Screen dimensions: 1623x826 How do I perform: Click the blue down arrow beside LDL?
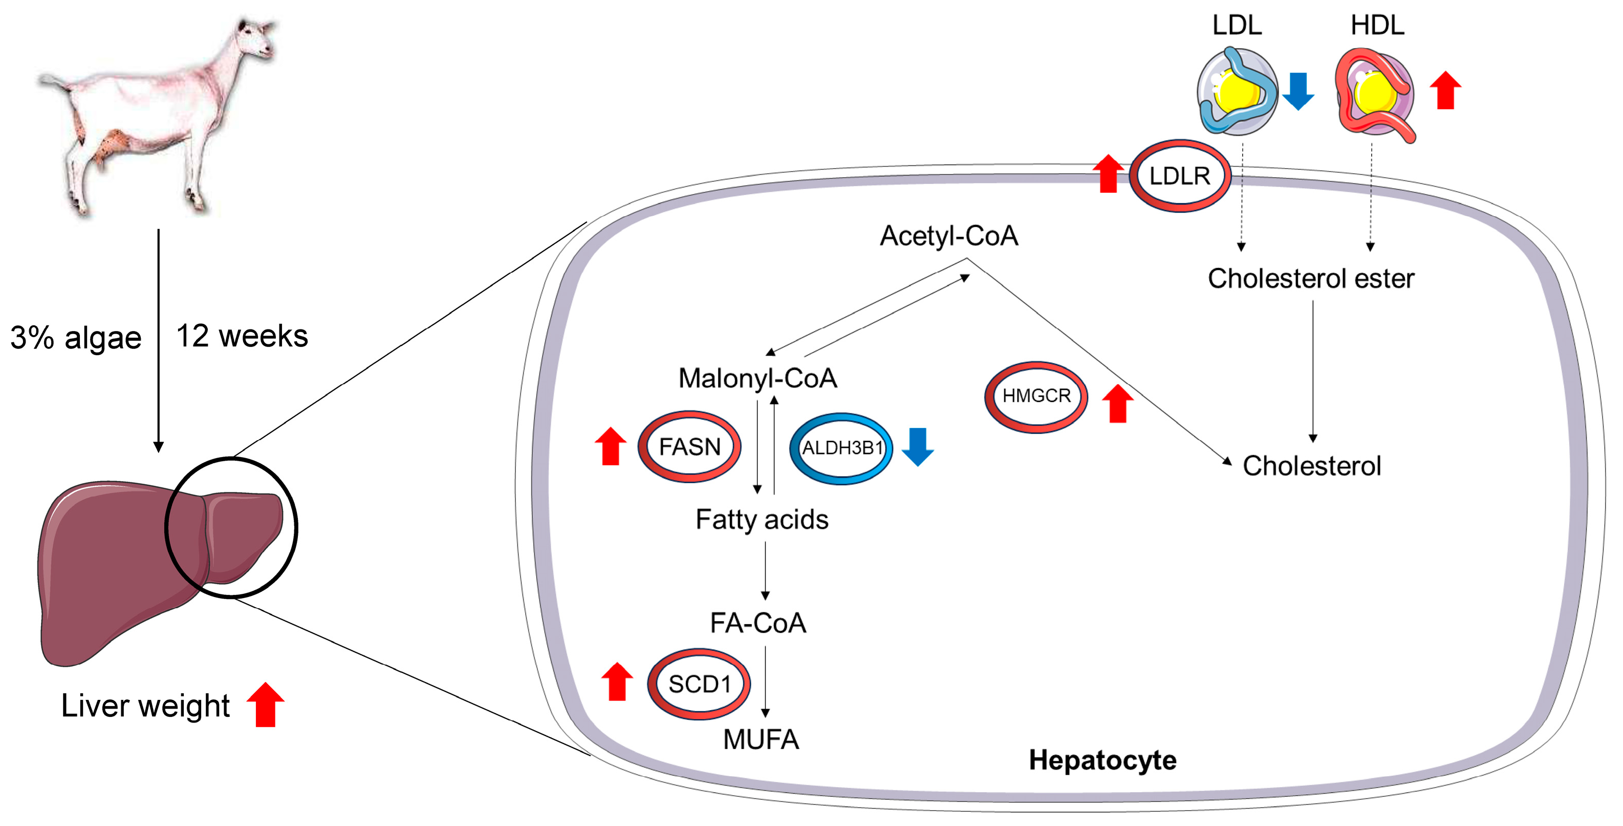(1298, 91)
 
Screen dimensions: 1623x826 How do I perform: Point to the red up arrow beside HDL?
(1445, 90)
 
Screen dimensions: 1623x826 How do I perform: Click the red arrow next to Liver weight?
(265, 705)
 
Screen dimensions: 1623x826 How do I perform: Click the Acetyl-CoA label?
(949, 236)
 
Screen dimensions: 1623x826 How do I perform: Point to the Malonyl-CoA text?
(758, 378)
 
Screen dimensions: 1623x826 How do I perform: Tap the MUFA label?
(761, 739)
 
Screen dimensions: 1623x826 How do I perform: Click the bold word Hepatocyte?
(1102, 760)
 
